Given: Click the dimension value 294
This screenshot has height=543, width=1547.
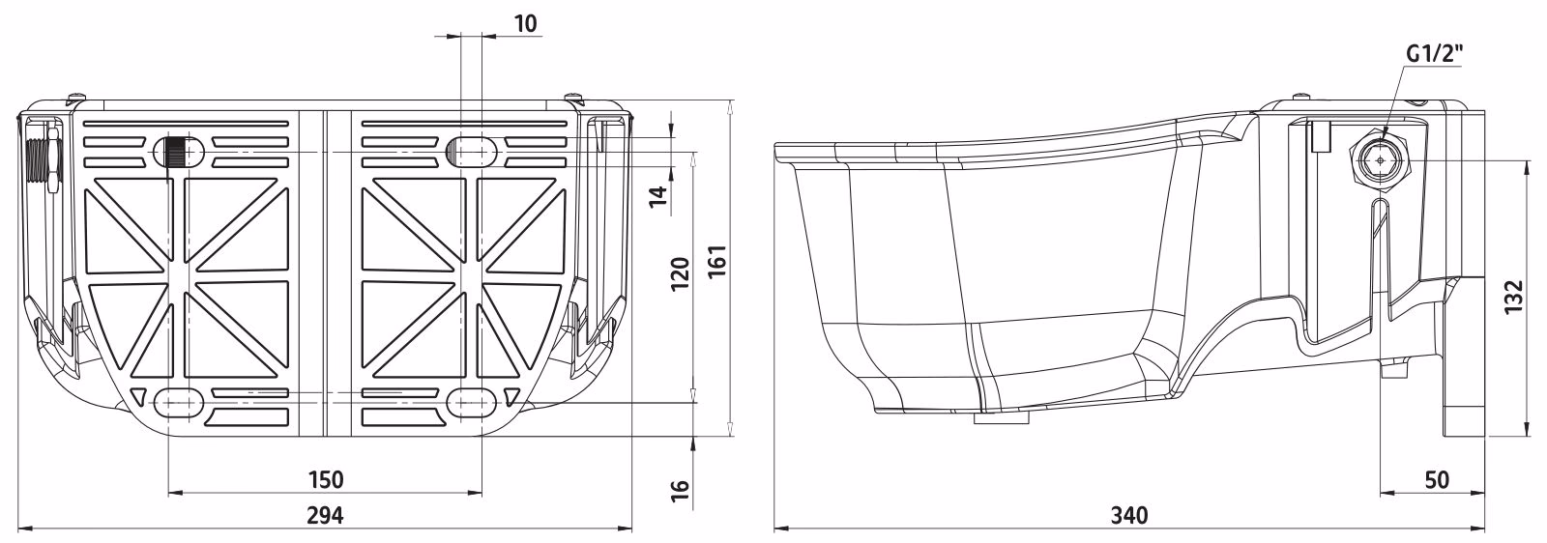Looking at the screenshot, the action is click(325, 515).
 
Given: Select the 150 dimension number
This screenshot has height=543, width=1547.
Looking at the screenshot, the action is click(325, 479).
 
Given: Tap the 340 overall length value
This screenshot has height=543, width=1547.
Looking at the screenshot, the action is click(1129, 515).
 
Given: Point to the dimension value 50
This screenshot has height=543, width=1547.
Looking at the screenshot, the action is click(1437, 479).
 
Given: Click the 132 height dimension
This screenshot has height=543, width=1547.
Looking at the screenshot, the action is click(1513, 296).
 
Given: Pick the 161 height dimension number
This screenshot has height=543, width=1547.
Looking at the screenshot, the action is click(717, 261).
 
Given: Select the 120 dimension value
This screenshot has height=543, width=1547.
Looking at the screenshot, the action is click(681, 273).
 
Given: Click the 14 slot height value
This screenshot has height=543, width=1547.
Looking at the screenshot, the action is click(659, 196).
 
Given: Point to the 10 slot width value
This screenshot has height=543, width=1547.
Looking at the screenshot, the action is click(526, 23).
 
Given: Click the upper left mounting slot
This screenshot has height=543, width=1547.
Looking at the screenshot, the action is click(178, 152).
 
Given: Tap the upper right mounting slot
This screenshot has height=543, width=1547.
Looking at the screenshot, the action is click(471, 151).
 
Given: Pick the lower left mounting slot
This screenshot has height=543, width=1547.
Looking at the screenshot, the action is click(174, 402).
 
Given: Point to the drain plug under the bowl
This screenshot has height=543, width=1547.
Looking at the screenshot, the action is click(1001, 418).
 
